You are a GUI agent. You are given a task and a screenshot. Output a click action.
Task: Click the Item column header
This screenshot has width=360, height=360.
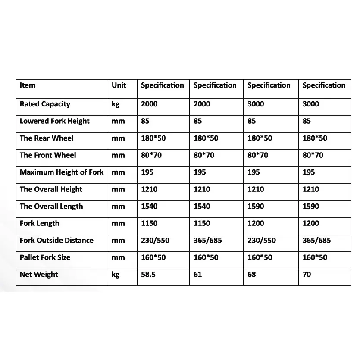28,85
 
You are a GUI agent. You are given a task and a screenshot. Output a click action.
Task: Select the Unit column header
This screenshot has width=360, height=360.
119,85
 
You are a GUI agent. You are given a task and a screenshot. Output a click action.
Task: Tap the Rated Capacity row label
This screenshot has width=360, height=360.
45,104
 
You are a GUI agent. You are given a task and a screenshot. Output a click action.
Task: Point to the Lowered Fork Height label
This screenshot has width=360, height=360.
55,121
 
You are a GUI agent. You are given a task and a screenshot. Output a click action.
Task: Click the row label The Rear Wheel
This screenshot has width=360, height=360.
47,138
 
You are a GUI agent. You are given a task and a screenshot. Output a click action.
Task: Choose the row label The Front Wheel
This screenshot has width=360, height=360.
48,155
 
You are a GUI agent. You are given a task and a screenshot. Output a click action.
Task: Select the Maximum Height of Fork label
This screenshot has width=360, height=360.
62,172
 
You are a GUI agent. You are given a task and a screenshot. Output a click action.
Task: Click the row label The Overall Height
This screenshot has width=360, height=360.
51,189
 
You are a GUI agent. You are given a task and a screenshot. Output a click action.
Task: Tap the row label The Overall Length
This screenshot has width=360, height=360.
51,207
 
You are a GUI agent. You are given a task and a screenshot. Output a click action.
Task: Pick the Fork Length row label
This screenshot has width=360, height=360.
40,223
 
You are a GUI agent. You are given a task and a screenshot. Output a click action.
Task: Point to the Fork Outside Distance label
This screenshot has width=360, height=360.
56,241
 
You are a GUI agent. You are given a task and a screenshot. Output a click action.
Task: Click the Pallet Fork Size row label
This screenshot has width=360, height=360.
45,257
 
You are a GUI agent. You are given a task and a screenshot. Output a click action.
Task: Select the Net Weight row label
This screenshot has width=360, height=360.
39,275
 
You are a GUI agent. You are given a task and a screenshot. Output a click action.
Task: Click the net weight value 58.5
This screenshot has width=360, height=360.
148,275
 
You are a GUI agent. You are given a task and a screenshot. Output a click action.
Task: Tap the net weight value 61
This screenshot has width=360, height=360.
197,275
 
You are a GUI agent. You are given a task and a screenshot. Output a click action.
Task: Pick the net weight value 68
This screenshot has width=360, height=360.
252,275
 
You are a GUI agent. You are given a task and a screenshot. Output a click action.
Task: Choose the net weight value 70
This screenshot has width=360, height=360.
307,275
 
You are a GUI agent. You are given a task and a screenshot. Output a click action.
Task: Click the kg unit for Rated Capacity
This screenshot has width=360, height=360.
116,104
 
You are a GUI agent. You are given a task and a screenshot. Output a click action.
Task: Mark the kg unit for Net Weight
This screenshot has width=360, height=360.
116,275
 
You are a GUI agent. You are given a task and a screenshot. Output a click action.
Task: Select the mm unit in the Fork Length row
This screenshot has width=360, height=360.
118,223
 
